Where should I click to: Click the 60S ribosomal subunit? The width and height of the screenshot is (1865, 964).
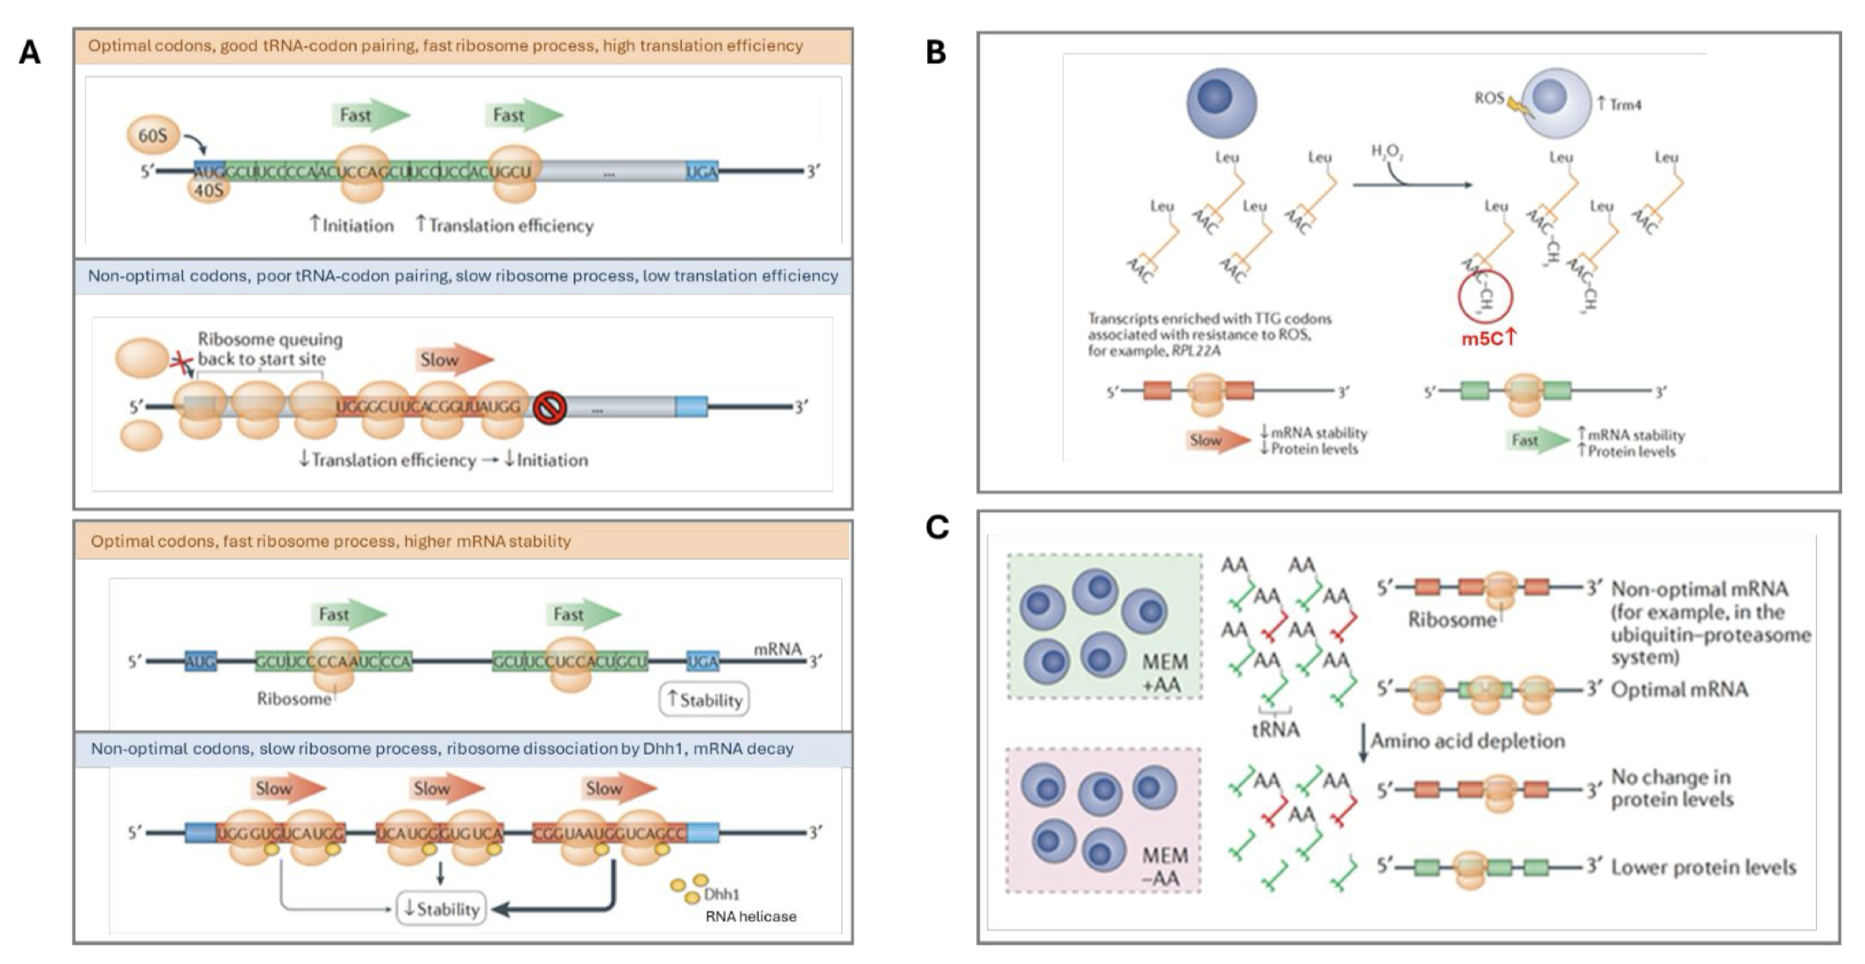152,135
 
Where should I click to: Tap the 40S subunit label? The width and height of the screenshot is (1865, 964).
209,189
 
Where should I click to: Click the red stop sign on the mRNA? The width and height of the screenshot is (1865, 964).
550,408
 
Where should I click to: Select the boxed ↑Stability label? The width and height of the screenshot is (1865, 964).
705,700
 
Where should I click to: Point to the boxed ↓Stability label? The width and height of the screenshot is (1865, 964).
442,909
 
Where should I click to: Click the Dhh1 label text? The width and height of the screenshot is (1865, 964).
722,895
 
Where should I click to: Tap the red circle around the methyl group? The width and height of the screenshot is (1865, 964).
1486,299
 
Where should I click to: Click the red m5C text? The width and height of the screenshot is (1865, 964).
1487,339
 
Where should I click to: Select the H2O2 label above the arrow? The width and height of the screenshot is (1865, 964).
1387,152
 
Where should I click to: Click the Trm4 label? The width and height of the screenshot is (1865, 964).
1620,105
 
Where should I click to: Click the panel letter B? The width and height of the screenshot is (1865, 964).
936,53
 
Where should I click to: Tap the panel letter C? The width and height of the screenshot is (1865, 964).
937,528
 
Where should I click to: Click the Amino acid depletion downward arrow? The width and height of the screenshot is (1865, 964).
1363,741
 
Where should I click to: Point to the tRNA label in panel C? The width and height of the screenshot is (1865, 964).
1275,729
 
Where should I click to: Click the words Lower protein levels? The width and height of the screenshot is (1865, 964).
1703,868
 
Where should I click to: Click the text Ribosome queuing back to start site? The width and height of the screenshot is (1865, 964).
270,349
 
